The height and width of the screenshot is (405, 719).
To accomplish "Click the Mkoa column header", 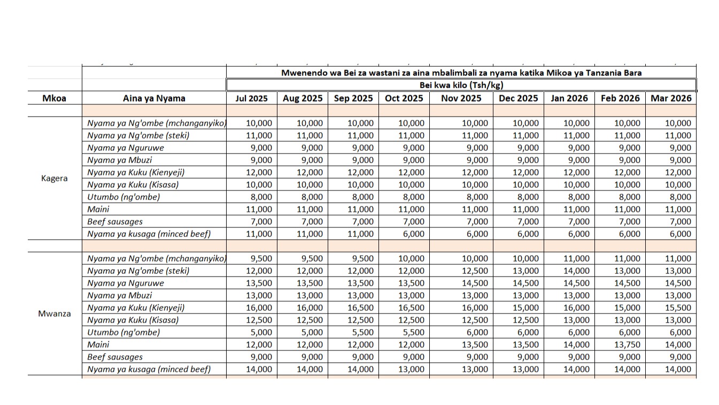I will click(x=54, y=98).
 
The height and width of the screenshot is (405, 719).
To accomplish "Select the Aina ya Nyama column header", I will click(x=154, y=98).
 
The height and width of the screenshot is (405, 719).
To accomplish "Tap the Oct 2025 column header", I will click(x=404, y=98).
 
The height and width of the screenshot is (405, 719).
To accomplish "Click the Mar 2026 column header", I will click(x=670, y=98).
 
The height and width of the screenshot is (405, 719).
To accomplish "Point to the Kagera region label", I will click(x=54, y=178).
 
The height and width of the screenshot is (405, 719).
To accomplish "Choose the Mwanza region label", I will click(x=54, y=314).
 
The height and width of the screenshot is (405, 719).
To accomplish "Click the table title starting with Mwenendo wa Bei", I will click(x=461, y=72).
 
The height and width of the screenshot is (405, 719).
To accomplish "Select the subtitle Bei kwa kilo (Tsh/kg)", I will click(x=461, y=85).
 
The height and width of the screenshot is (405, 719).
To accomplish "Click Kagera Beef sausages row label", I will click(x=115, y=221).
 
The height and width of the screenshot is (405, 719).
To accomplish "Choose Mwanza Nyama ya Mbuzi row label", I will click(x=120, y=295).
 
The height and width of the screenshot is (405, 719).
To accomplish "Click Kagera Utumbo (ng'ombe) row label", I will click(x=123, y=197).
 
